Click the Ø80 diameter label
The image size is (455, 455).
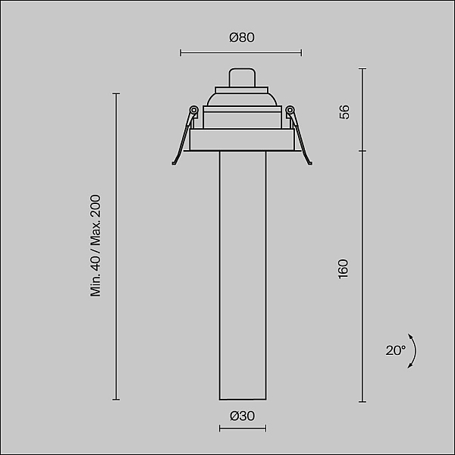point(242,37)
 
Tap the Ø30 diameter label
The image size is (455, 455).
point(243,416)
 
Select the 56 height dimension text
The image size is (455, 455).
point(344,112)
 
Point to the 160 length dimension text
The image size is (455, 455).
point(344,269)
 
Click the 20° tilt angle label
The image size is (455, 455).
point(396,350)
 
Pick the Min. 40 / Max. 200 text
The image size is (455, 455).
point(96,246)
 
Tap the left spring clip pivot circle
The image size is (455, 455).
point(193,110)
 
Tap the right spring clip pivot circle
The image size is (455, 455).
point(290,110)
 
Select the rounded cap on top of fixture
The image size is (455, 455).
point(243,77)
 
